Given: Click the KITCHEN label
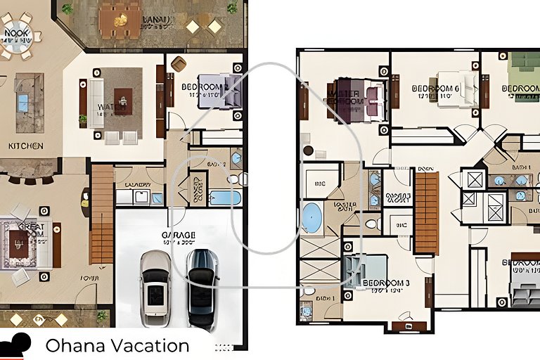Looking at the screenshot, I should click(x=26, y=146).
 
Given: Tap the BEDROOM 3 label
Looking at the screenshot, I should click(x=386, y=284).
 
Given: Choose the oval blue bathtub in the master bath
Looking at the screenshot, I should click(x=312, y=218).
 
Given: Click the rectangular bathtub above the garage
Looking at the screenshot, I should click(x=225, y=198).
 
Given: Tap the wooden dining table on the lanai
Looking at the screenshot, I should click(x=119, y=21).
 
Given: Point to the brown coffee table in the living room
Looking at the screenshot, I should click(x=123, y=101).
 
